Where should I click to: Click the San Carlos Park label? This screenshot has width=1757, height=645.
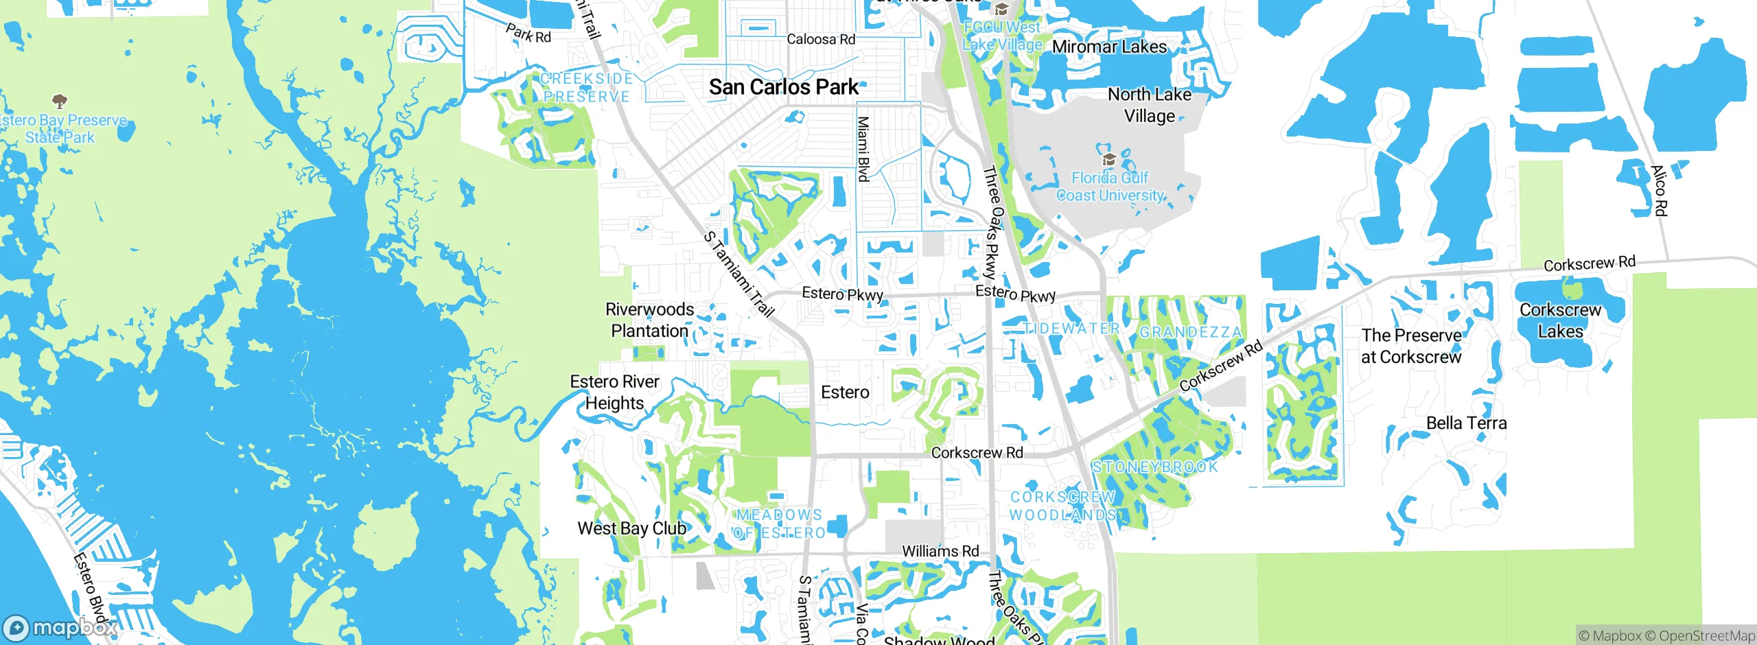783,87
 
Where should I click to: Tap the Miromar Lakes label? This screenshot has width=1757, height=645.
1108,47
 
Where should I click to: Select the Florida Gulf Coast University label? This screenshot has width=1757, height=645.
1110,187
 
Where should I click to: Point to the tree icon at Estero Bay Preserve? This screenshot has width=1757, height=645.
60,102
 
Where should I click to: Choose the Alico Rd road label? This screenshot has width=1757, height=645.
1659,191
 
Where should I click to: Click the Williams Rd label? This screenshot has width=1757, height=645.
940,551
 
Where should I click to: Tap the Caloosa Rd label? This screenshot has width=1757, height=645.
820,39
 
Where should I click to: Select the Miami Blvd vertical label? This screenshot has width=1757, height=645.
863,148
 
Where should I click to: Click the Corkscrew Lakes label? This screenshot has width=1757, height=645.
1560,320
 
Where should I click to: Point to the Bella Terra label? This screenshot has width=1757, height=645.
1466,423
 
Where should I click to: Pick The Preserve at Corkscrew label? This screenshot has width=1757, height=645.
1411,346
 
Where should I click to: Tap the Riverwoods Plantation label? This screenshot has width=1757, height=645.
649,320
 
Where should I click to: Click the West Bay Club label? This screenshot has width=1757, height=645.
631,528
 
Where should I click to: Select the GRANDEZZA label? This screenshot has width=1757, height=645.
1190,332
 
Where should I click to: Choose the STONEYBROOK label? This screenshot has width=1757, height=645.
1154,467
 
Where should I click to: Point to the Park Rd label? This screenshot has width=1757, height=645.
528,34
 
